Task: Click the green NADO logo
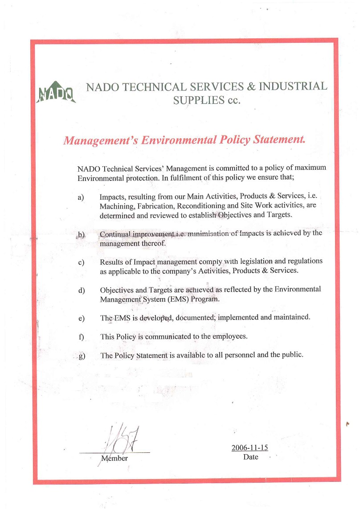tap(57, 92)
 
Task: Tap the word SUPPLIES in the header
tap(198, 100)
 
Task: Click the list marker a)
tap(81, 197)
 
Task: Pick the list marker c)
tap(81, 262)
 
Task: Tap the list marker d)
tap(81, 291)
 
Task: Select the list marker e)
tap(81, 319)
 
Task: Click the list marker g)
tap(81, 356)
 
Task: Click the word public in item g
tap(291, 355)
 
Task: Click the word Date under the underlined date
tap(250, 457)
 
